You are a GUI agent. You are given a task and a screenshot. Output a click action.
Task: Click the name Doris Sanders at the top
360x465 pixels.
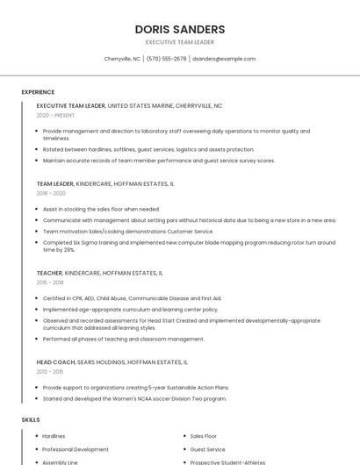click(179, 29)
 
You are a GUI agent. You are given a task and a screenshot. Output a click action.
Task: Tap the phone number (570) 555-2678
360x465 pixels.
click(166, 59)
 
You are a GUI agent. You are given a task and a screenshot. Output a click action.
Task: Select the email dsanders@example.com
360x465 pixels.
click(224, 59)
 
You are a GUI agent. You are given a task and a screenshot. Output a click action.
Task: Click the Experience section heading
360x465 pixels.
click(38, 92)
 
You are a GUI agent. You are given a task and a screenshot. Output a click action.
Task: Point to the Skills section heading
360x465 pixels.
click(31, 419)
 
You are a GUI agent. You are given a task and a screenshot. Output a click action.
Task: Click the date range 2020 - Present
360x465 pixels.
click(55, 115)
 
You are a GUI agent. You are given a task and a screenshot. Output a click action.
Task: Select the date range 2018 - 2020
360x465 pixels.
click(51, 193)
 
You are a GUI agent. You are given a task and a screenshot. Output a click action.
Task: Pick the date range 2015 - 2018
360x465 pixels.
click(50, 283)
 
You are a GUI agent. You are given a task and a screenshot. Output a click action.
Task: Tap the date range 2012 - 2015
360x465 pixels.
click(50, 371)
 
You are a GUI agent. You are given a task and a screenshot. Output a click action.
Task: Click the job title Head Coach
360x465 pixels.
click(55, 361)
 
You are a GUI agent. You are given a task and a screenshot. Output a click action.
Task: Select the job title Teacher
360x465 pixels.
click(49, 273)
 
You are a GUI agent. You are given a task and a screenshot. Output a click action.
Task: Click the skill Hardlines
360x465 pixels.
click(54, 436)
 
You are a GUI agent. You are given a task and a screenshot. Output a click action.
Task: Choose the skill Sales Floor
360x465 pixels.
click(203, 436)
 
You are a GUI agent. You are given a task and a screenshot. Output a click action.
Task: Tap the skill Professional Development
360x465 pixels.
click(76, 449)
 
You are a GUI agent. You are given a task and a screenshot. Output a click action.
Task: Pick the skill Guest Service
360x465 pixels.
click(207, 449)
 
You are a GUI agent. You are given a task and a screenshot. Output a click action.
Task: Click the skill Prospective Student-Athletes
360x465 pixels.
click(227, 461)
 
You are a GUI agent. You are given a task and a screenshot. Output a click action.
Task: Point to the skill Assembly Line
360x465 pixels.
click(60, 461)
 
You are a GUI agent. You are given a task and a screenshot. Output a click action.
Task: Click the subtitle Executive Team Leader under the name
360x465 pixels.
click(179, 42)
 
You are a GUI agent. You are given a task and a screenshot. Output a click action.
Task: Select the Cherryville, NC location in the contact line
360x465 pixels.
click(122, 59)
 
